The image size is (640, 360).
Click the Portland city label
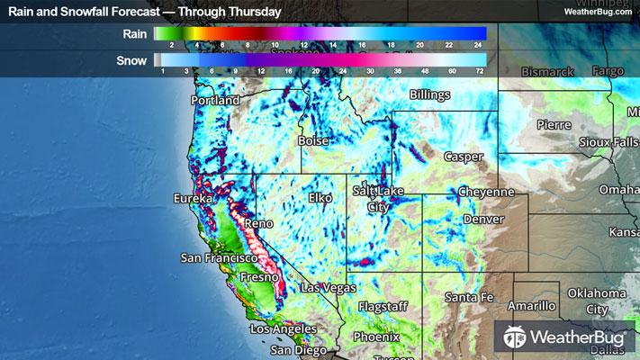(x=215, y=101)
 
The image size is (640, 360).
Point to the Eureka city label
(x=194, y=197)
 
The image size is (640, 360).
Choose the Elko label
(x=320, y=197)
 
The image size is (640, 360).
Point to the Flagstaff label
(x=383, y=307)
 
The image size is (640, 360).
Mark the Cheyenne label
(x=485, y=193)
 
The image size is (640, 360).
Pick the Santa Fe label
(x=469, y=298)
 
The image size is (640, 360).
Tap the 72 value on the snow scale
(x=481, y=69)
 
